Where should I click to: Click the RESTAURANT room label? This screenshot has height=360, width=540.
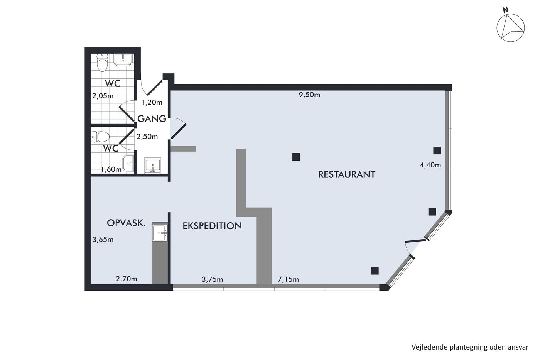coord(347,174)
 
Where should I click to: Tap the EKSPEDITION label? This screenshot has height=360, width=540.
coord(212,226)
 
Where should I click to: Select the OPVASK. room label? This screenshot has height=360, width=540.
coord(127,223)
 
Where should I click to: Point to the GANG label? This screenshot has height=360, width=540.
coord(152,118)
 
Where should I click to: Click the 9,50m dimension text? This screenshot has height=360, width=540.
coord(309,95)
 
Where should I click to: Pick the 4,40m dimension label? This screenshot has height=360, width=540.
coord(430,165)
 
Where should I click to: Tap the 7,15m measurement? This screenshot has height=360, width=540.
coord(289,279)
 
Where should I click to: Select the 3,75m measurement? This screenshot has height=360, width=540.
coord(212,279)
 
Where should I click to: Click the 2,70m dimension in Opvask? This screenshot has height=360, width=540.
coord(127,279)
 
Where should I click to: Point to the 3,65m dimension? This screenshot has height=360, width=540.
coord(103,240)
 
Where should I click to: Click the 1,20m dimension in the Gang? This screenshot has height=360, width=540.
coord(152,103)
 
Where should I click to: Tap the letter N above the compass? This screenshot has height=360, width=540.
coord(506,10)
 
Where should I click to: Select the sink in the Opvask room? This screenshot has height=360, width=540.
coord(160,233)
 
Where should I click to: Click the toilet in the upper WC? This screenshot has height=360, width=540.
coord(102,62)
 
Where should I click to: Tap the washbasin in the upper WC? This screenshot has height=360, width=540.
coord(123,60)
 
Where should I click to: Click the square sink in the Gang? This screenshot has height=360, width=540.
coord(153,165)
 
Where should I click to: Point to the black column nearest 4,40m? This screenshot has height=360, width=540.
coord(437,150)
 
